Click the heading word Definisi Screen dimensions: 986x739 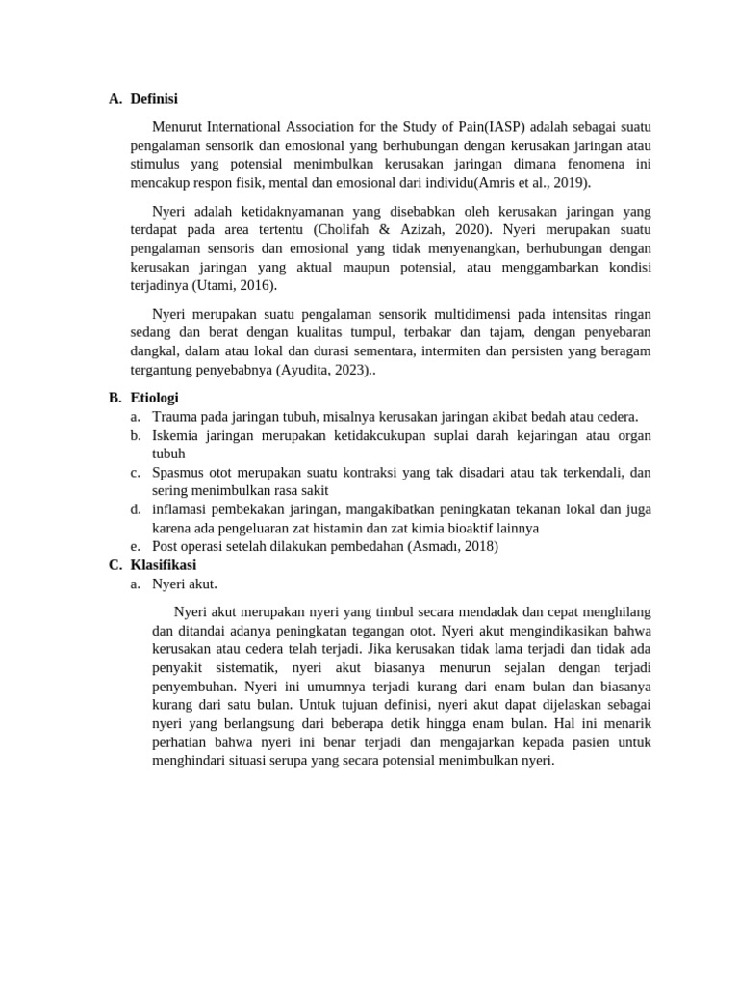point(154,98)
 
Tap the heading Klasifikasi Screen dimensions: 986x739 point(163,565)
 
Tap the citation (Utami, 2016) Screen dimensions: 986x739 point(235,285)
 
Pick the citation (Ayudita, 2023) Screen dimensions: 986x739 point(322,370)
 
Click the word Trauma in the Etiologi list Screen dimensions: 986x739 point(174,416)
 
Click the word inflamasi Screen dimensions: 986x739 point(180,508)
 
